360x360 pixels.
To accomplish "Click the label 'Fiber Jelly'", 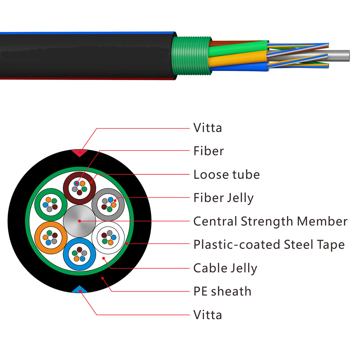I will (x=223, y=198).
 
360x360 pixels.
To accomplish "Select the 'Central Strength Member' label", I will (x=270, y=221).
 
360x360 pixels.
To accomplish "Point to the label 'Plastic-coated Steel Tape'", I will (x=269, y=245).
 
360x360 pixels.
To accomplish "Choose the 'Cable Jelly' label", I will (x=225, y=268).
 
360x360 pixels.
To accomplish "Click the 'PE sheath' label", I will (x=222, y=291).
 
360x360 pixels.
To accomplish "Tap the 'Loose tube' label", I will (x=226, y=175).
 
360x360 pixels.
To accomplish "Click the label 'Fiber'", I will (x=208, y=151).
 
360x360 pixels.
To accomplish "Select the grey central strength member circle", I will (x=79, y=221).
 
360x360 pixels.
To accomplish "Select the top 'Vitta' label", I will (x=208, y=128).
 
